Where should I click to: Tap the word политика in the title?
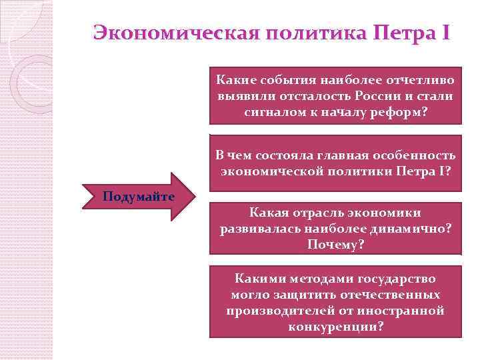[308, 32]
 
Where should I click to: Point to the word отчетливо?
[421, 80]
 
